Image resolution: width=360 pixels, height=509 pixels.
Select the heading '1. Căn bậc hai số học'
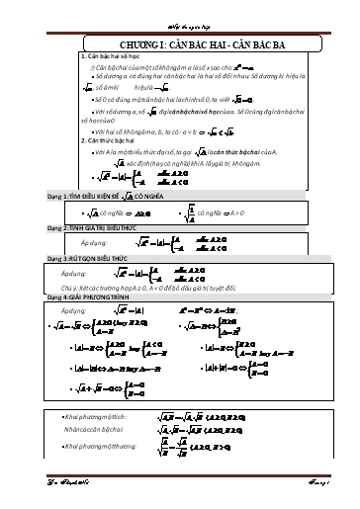click(109, 57)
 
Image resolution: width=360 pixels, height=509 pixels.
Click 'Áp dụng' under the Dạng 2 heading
click(94, 241)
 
